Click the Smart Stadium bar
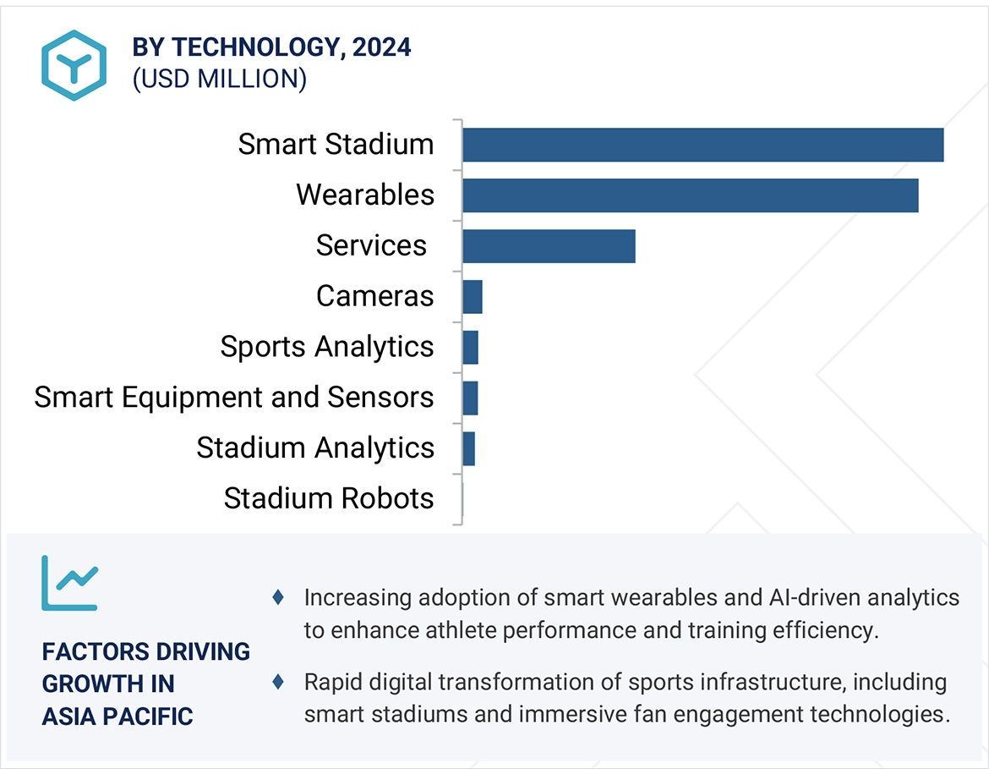[x=702, y=145]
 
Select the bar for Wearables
[x=690, y=195]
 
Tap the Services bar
[x=549, y=246]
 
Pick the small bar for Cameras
[x=473, y=297]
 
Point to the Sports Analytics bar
[x=471, y=348]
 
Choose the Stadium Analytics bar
[x=469, y=448]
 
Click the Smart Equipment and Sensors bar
[x=471, y=398]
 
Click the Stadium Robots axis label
[x=329, y=498]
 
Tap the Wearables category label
[x=365, y=195]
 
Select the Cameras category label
[x=374, y=296]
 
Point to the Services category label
[x=371, y=245]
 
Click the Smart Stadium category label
[x=336, y=144]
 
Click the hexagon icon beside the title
[x=74, y=65]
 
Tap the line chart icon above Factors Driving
[x=69, y=583]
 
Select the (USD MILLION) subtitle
[x=219, y=79]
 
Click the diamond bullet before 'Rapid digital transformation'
[x=277, y=682]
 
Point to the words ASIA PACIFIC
[x=117, y=717]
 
